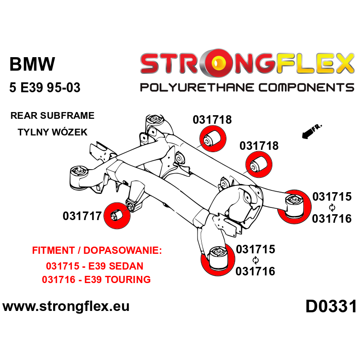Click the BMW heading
click(x=32, y=64)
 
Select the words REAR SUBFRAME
click(x=52, y=116)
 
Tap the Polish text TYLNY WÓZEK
click(x=52, y=132)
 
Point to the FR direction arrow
click(x=310, y=131)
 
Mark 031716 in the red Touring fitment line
click(x=59, y=279)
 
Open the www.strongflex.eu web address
click(x=66, y=307)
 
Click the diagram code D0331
click(x=331, y=307)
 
